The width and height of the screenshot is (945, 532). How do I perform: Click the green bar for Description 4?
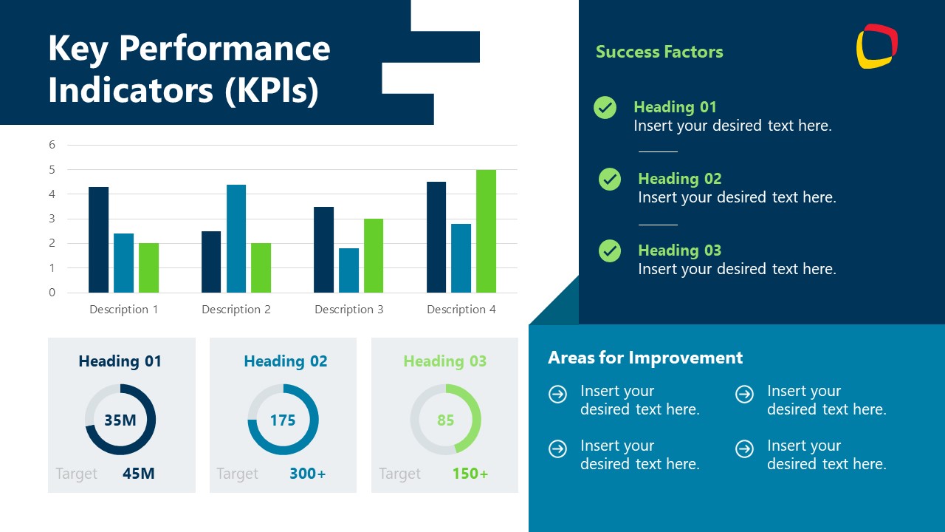click(486, 231)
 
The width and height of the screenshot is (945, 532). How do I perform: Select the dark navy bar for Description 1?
click(98, 239)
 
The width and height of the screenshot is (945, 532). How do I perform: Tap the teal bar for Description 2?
click(236, 238)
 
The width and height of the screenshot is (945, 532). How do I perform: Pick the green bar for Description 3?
click(373, 256)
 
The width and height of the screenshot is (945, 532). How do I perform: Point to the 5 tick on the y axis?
click(52, 169)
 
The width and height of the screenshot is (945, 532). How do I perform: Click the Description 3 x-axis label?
click(349, 310)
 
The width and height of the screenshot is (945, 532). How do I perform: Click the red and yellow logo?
click(877, 46)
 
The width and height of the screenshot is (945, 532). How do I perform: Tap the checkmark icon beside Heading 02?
click(610, 180)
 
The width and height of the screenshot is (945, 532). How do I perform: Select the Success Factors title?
click(659, 52)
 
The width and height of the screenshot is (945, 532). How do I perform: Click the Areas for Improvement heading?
click(645, 358)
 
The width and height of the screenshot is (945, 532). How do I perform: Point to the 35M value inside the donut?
click(120, 420)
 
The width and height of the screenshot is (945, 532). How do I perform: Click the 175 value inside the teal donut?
click(283, 420)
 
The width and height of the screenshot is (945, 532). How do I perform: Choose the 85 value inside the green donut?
click(445, 420)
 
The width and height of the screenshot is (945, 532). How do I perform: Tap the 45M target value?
click(139, 474)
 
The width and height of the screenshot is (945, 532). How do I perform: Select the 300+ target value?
click(307, 474)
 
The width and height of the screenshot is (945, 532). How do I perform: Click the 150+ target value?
click(470, 474)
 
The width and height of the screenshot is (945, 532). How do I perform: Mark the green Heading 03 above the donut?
click(445, 361)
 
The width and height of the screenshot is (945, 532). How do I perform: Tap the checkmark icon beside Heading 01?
click(605, 108)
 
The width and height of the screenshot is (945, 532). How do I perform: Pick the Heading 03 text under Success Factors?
click(679, 250)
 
